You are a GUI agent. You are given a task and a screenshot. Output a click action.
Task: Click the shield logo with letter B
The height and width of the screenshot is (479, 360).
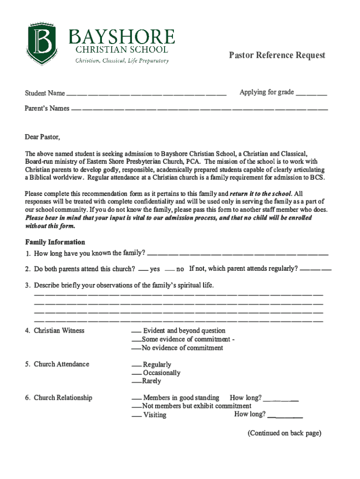tap(41, 44)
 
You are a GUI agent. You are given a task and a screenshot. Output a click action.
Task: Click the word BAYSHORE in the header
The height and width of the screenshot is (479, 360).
tap(122, 36)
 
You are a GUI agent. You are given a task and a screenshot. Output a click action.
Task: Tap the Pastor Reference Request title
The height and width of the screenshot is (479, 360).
tap(277, 55)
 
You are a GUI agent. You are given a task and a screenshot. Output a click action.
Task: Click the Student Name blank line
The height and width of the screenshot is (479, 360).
tap(146, 94)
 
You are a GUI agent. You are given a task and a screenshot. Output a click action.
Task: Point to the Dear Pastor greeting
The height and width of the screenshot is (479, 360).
tap(43, 137)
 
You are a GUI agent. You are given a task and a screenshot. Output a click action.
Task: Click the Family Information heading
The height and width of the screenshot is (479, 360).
tap(55, 242)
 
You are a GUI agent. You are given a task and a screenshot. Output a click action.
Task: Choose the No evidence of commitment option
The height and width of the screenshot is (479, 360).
tap(136, 348)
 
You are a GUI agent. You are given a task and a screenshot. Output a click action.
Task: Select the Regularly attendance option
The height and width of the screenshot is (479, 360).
tap(136, 365)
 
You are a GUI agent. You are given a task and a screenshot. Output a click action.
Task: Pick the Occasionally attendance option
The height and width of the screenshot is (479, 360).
tap(136, 374)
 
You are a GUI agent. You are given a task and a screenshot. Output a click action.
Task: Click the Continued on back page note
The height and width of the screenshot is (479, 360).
tap(284, 433)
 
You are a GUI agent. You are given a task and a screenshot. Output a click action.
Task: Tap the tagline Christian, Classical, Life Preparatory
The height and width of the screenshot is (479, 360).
tap(122, 61)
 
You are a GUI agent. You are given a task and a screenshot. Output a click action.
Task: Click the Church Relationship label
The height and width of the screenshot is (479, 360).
tap(63, 398)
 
